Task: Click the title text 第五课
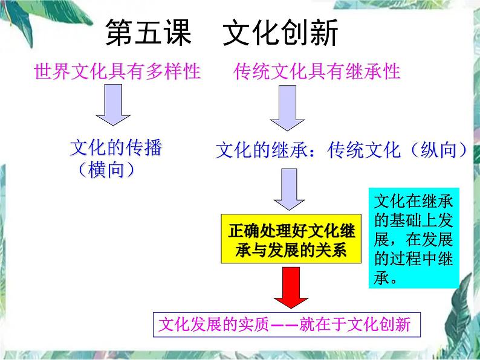[148, 34]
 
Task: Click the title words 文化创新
[281, 34]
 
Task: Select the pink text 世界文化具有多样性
[117, 72]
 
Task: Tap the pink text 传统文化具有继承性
[317, 72]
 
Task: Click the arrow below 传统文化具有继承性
[287, 108]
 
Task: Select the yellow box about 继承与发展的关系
[291, 240]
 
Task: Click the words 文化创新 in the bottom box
[385, 325]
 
